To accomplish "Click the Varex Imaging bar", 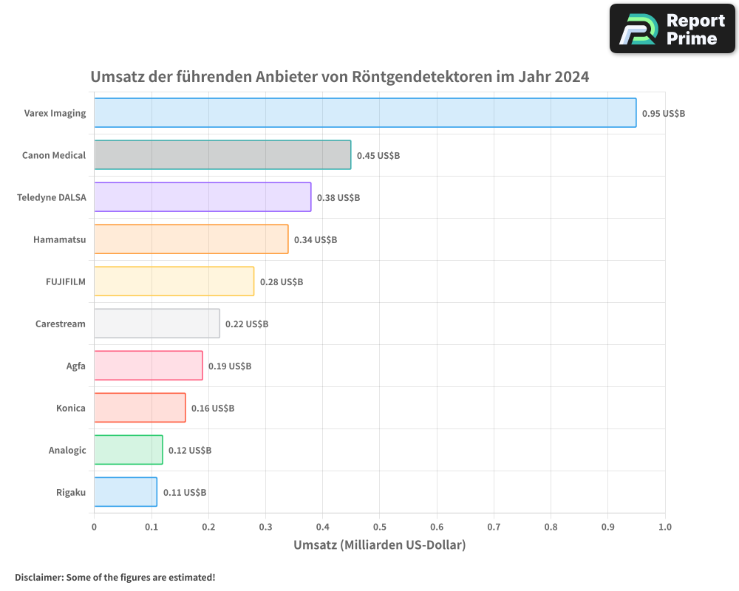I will coord(365,113).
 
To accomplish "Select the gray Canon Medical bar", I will coord(222,155).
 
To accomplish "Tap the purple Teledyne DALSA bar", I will coord(202,197).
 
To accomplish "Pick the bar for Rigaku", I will coord(126,492).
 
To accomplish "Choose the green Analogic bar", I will coord(129,450).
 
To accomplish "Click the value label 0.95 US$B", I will coord(664,114).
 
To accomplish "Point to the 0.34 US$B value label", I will coord(316,240).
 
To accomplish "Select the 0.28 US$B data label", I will coord(282,282).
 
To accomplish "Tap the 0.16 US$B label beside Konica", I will coord(213,409).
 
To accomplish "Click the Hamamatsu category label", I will coord(60,239).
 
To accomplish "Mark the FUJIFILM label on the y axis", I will coord(66,281).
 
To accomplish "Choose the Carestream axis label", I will coord(61,324).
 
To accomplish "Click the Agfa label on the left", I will coord(76,366).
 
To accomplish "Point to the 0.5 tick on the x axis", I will coord(379,527).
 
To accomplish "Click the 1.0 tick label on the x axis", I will coord(664,527).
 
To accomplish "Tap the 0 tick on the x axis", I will coord(94,527).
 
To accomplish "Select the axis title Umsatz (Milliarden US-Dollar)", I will coord(379,545).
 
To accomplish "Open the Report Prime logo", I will coord(672,28).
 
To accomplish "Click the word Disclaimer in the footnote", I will coord(38,577).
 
